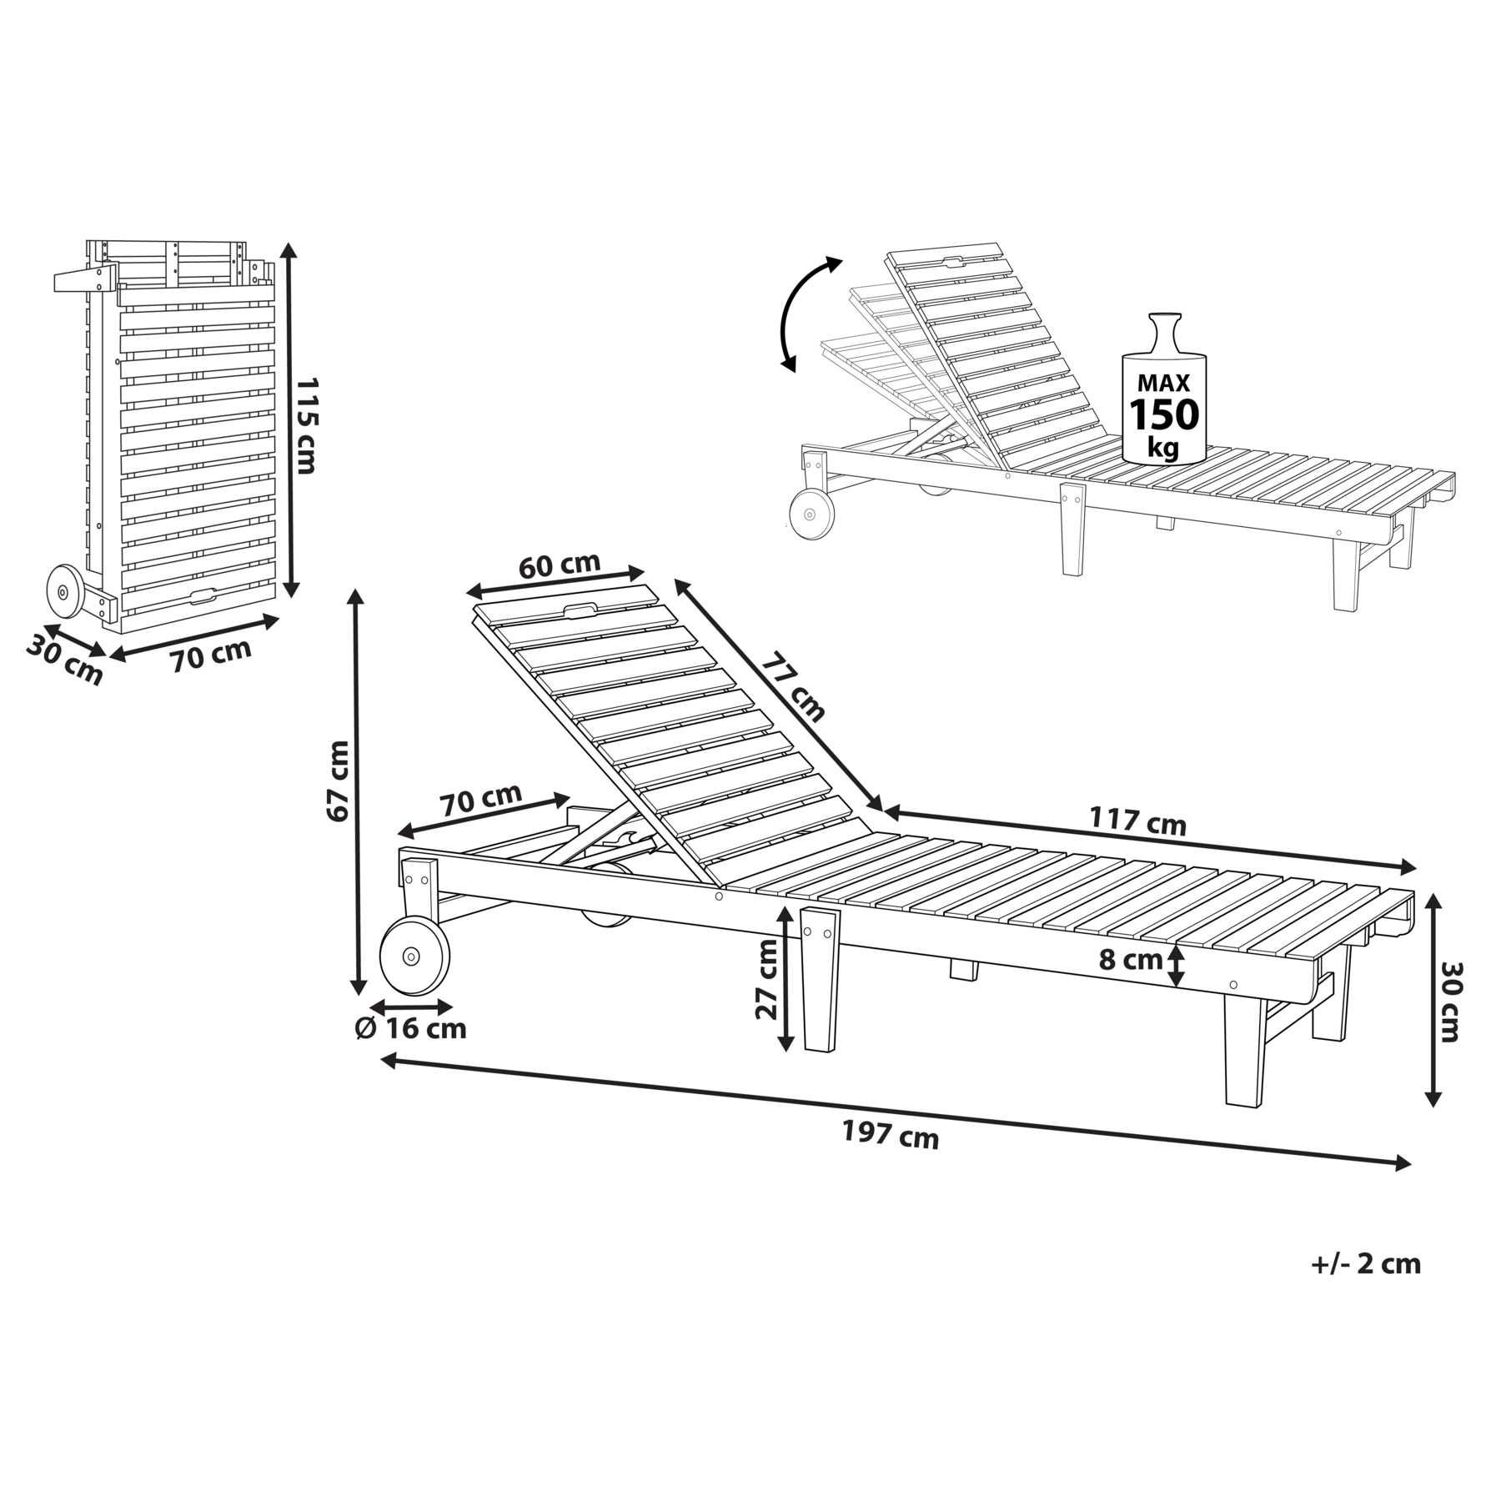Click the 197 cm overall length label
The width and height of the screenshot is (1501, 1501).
click(890, 1136)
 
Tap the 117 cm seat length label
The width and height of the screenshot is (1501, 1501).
click(1137, 821)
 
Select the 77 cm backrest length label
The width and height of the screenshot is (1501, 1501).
click(793, 685)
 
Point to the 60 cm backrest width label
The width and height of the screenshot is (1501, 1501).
click(560, 565)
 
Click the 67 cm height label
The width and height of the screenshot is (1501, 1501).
click(338, 781)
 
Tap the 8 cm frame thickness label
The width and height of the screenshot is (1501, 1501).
click(1131, 960)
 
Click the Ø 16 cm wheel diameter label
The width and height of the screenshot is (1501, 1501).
click(410, 1028)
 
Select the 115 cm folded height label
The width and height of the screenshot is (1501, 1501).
click(306, 425)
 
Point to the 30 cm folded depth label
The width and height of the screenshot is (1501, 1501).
click(64, 660)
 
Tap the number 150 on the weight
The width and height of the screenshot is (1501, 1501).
click(1164, 414)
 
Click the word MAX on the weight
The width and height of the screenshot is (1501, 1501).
click(1164, 383)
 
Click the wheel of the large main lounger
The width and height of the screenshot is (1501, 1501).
click(414, 956)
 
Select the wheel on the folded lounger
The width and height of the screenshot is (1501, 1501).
click(63, 591)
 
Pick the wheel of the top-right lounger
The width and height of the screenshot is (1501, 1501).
click(811, 515)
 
